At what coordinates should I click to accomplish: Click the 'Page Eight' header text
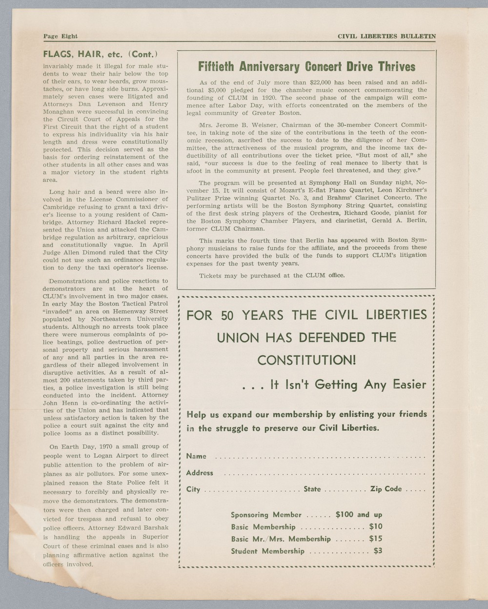pos(61,36)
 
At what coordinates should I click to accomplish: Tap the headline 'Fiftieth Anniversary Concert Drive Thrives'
pos(306,67)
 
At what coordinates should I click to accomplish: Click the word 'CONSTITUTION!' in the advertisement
pos(306,361)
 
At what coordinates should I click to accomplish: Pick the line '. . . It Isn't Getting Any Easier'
pos(334,385)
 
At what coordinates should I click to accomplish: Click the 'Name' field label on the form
pos(196,456)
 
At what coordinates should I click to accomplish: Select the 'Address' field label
pos(200,473)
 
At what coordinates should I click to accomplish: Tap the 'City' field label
pos(193,489)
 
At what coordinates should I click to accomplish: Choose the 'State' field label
pos(312,489)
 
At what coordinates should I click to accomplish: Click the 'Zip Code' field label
pos(386,489)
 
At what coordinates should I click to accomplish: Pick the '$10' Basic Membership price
pos(376,527)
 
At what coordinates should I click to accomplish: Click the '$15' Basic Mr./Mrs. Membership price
pos(376,539)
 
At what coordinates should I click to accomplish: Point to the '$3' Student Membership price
pos(378,551)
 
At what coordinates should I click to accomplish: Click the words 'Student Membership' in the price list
pos(267,551)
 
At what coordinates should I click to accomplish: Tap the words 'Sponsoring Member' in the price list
pos(266,515)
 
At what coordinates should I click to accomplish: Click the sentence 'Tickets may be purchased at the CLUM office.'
pos(272,276)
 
